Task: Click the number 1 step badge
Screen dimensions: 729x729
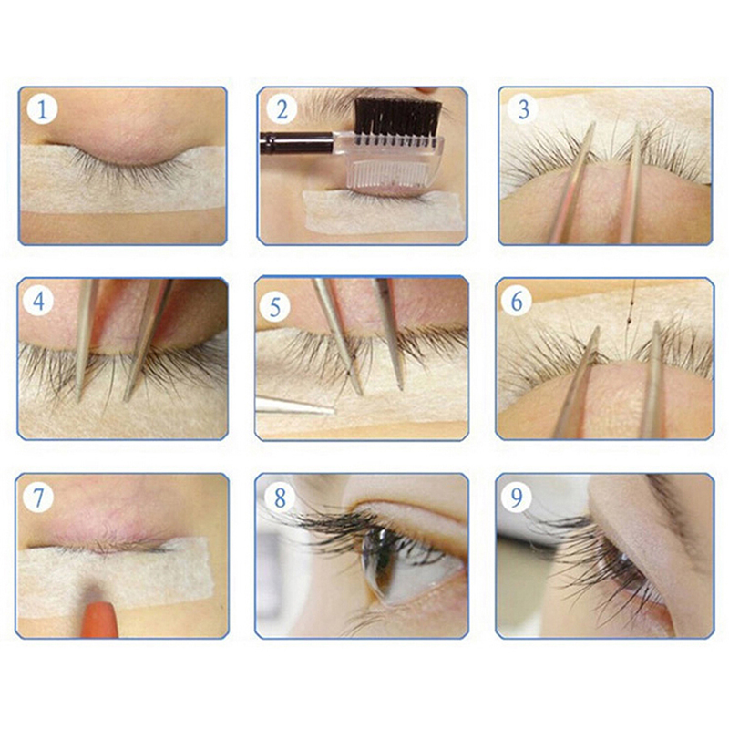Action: (42, 109)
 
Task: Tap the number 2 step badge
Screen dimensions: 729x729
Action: (282, 109)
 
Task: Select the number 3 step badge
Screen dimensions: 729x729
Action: (523, 109)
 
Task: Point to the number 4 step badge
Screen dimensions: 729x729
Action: (39, 302)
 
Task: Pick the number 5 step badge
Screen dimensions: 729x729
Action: (275, 307)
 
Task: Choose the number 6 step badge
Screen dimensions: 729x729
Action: (517, 302)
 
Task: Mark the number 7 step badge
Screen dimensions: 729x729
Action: (37, 498)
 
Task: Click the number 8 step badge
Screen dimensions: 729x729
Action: (280, 498)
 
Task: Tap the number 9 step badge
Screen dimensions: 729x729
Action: (517, 498)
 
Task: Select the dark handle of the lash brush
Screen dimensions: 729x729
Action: (297, 143)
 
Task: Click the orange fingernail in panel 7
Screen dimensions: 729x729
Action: (99, 619)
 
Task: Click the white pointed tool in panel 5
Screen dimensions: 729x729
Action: (294, 406)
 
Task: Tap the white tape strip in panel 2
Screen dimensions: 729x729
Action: (383, 212)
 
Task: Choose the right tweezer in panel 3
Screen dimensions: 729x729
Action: (631, 184)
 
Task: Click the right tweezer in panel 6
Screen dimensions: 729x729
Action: (652, 380)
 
